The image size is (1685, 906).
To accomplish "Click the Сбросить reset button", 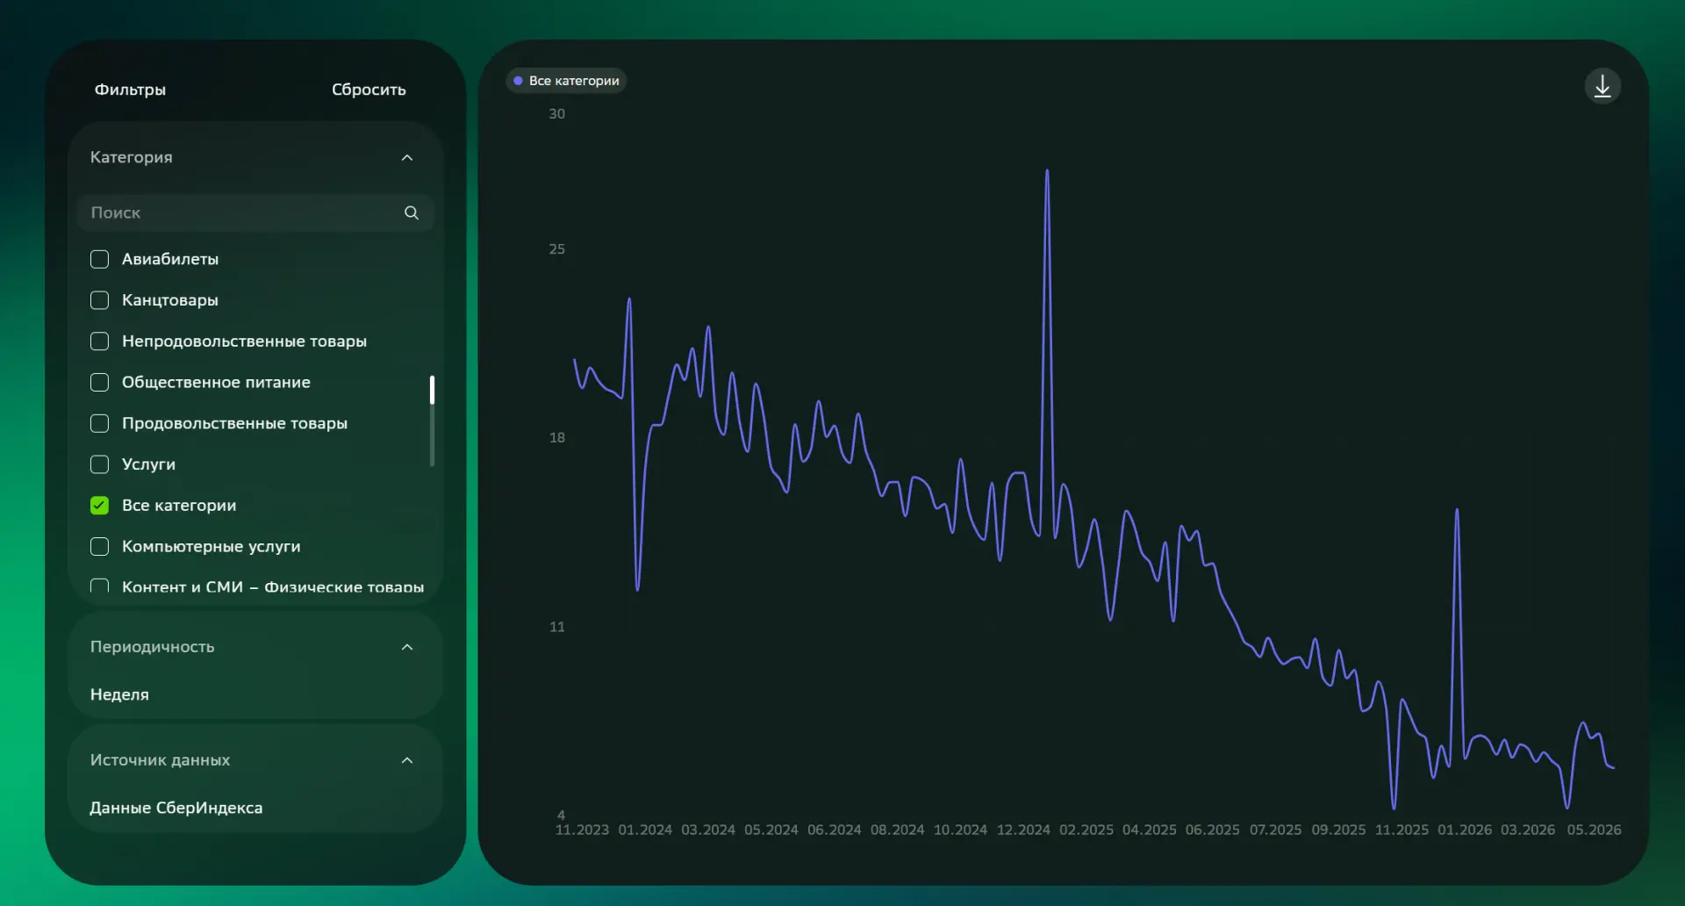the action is pyautogui.click(x=369, y=90).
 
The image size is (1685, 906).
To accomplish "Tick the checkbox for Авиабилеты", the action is pyautogui.click(x=100, y=259).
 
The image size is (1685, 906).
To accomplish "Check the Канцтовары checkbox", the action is pyautogui.click(x=100, y=300).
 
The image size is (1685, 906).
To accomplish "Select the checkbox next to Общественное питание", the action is pyautogui.click(x=100, y=382).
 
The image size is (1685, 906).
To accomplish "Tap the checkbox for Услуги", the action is pyautogui.click(x=100, y=464).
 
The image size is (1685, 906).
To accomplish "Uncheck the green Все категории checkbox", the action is pyautogui.click(x=100, y=505).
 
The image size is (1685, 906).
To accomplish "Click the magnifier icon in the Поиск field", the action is pyautogui.click(x=412, y=212).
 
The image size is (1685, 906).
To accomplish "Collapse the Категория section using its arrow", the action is pyautogui.click(x=407, y=158).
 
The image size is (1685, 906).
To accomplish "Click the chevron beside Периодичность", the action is pyautogui.click(x=407, y=647).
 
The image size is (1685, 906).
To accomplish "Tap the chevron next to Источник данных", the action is pyautogui.click(x=407, y=760).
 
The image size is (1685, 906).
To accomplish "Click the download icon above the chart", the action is pyautogui.click(x=1603, y=86).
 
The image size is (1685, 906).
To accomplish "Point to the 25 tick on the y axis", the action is pyautogui.click(x=557, y=249).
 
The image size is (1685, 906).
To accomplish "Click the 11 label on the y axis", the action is pyautogui.click(x=557, y=627).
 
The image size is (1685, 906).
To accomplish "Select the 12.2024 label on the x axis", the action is pyautogui.click(x=1023, y=830).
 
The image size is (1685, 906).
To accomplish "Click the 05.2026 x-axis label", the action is pyautogui.click(x=1594, y=830).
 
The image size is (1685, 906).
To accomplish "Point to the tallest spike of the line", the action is pyautogui.click(x=1047, y=171).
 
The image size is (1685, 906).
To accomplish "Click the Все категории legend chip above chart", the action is pyautogui.click(x=566, y=81).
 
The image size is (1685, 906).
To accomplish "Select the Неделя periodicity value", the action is pyautogui.click(x=119, y=694).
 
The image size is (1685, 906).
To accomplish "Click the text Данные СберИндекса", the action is pyautogui.click(x=176, y=808).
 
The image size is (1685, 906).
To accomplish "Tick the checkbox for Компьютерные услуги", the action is pyautogui.click(x=100, y=546).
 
